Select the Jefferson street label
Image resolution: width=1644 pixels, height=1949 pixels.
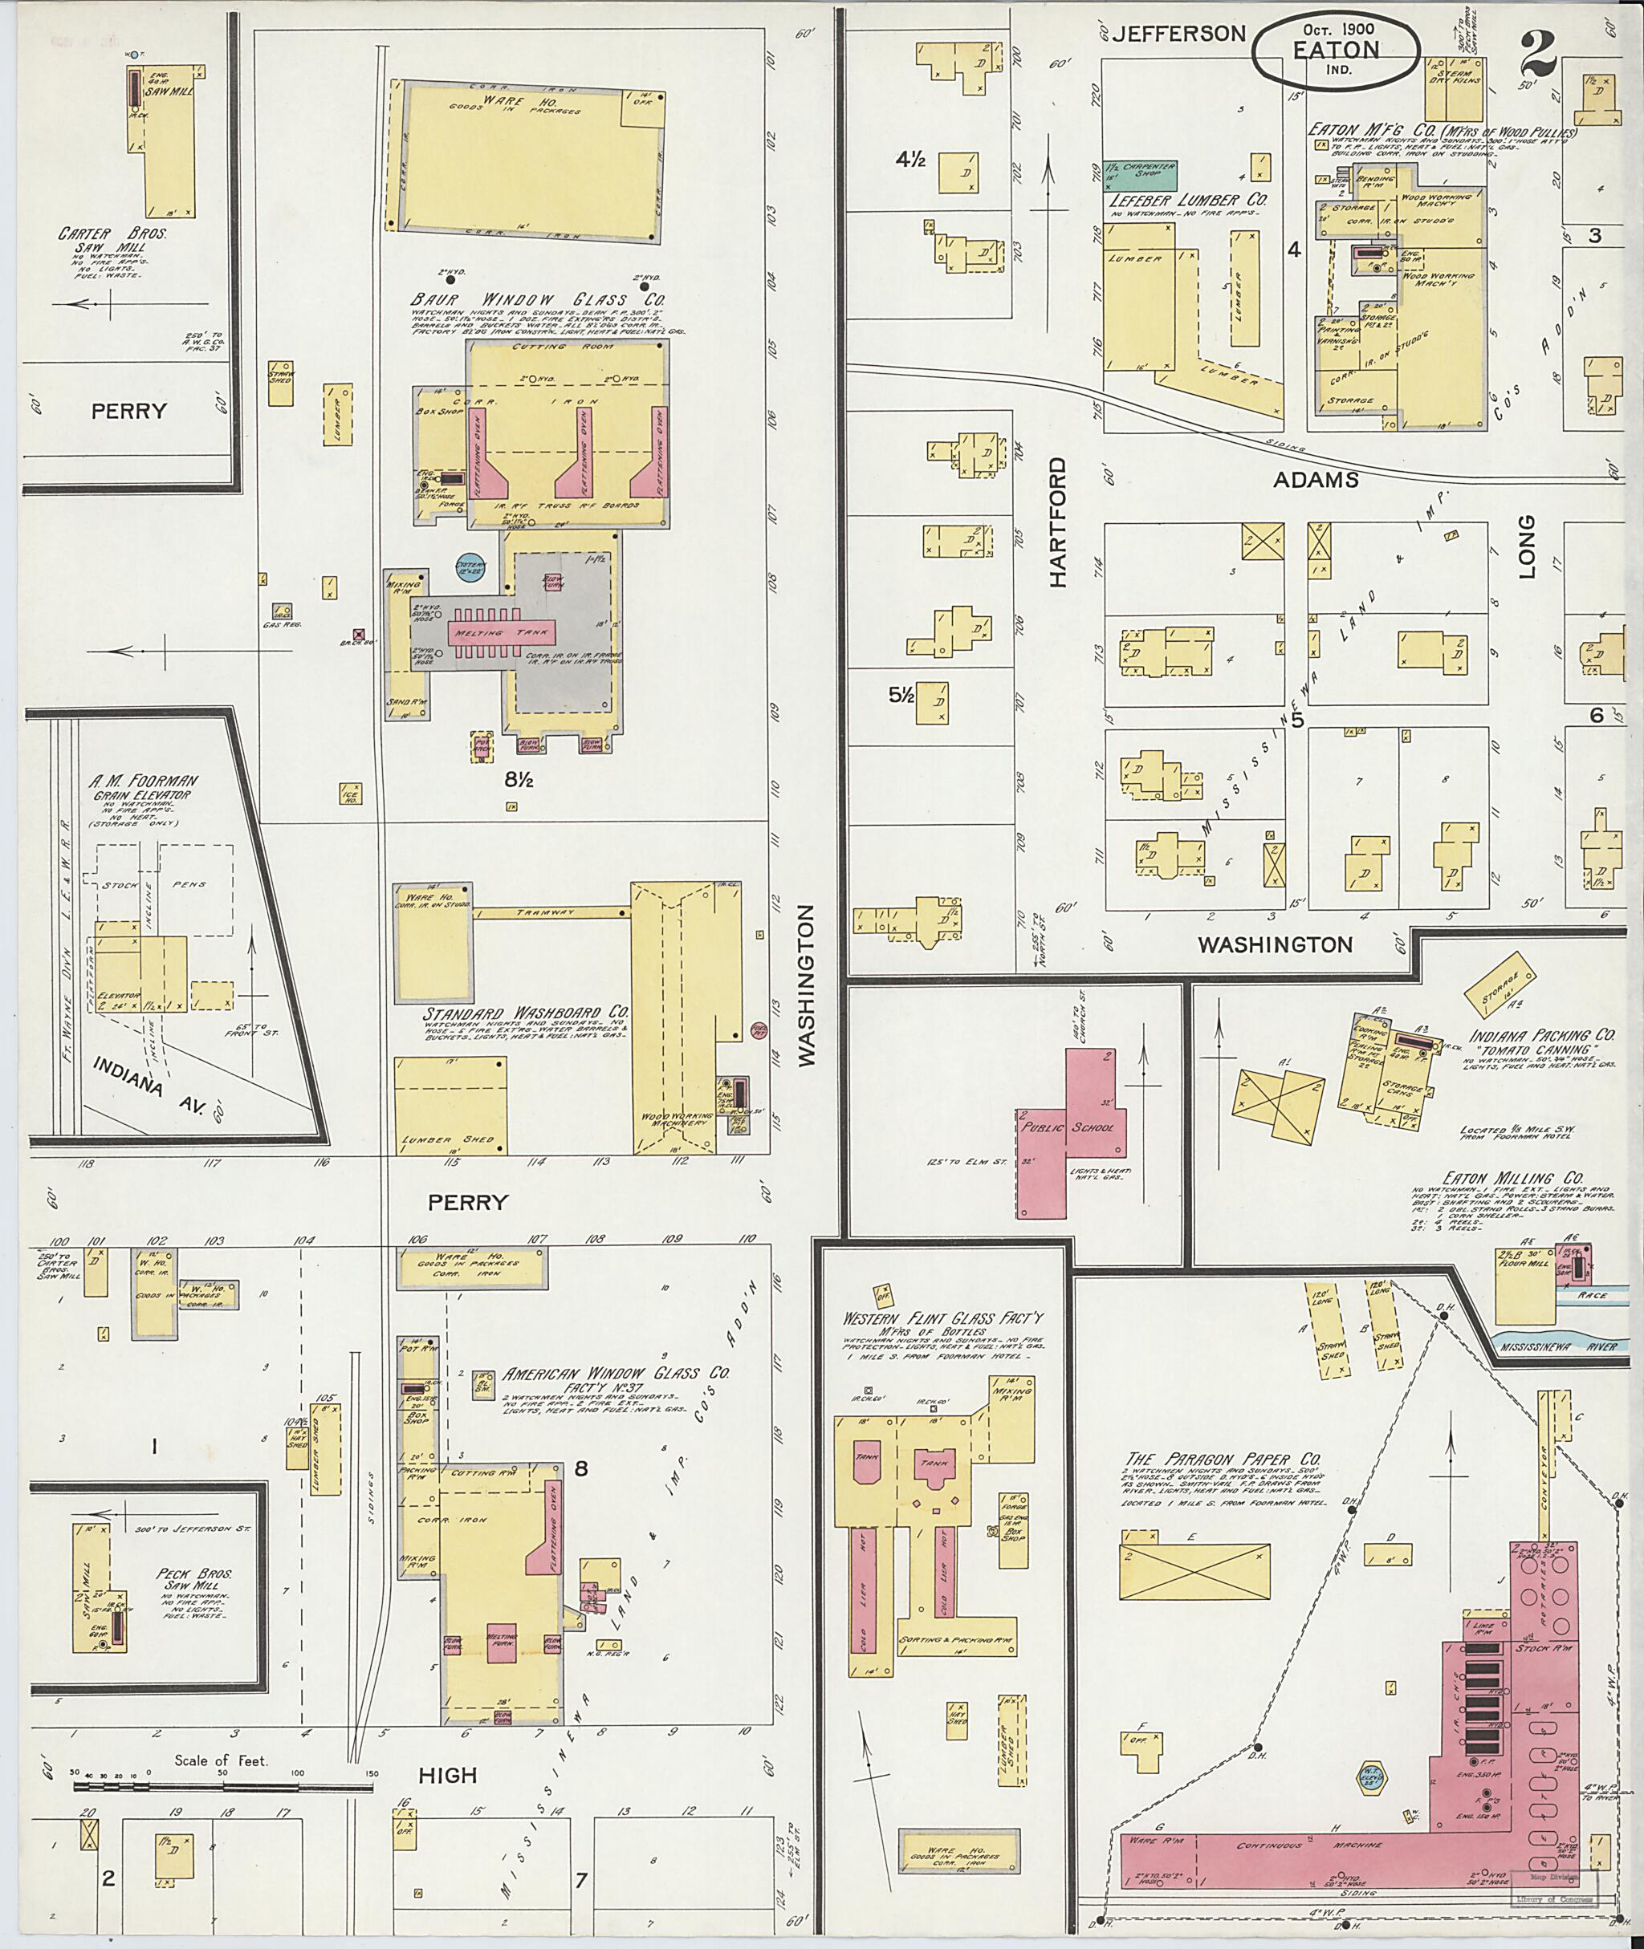coord(1179,34)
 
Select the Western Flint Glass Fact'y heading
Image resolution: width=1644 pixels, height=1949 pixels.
coord(942,1318)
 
